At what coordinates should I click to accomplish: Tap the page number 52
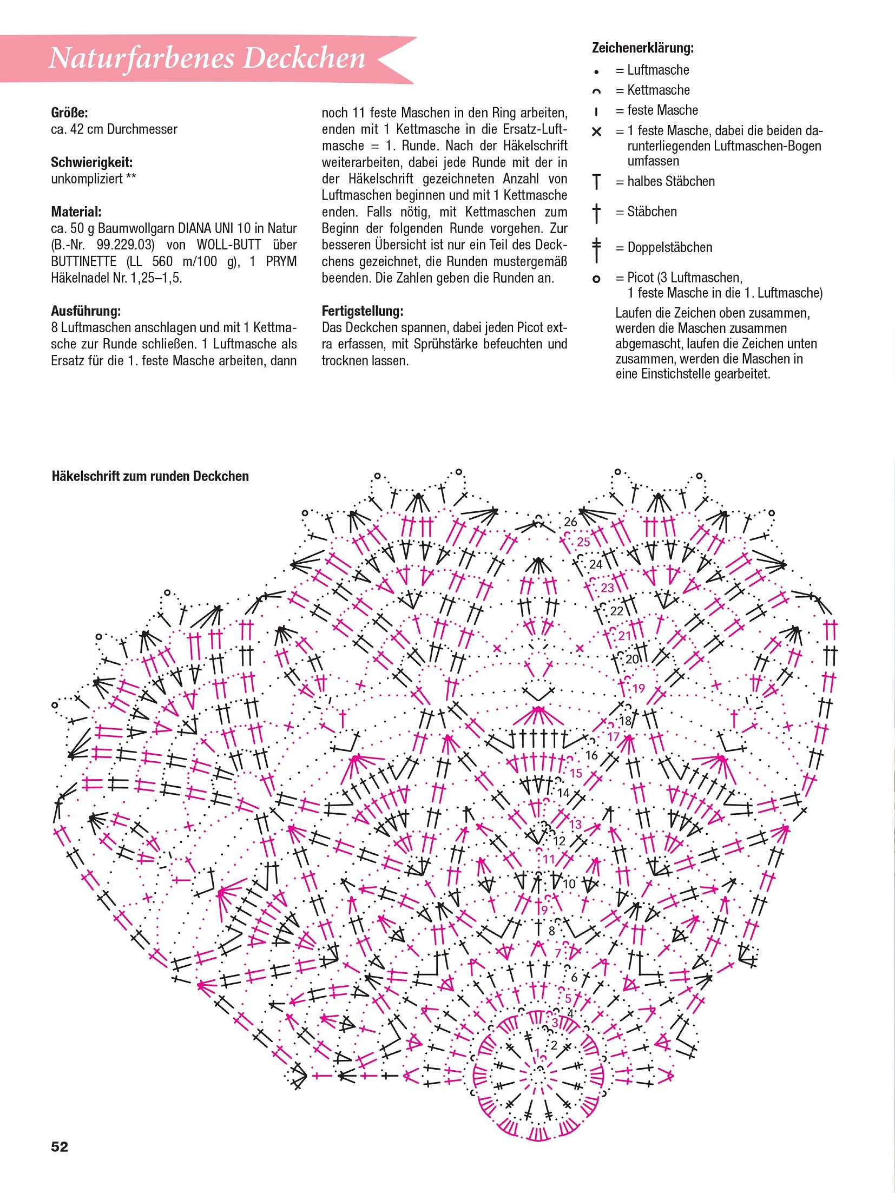(x=60, y=1146)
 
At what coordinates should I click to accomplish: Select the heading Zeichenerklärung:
(x=642, y=48)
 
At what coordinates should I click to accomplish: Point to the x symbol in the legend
(x=596, y=131)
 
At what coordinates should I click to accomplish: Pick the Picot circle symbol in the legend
(x=596, y=279)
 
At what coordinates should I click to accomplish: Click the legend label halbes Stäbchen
(x=671, y=182)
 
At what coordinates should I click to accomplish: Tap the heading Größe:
(x=69, y=113)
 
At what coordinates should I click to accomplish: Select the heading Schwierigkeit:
(x=91, y=162)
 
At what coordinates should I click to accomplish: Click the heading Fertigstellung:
(x=362, y=311)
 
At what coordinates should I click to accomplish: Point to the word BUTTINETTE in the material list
(x=84, y=261)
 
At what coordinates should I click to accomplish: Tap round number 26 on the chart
(x=570, y=522)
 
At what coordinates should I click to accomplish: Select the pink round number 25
(x=583, y=542)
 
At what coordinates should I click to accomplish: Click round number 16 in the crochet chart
(x=591, y=755)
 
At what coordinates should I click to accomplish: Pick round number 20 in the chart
(x=632, y=659)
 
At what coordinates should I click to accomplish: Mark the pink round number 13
(x=575, y=824)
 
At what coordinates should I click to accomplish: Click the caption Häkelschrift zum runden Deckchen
(x=150, y=476)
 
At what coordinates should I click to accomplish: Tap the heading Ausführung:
(x=85, y=311)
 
